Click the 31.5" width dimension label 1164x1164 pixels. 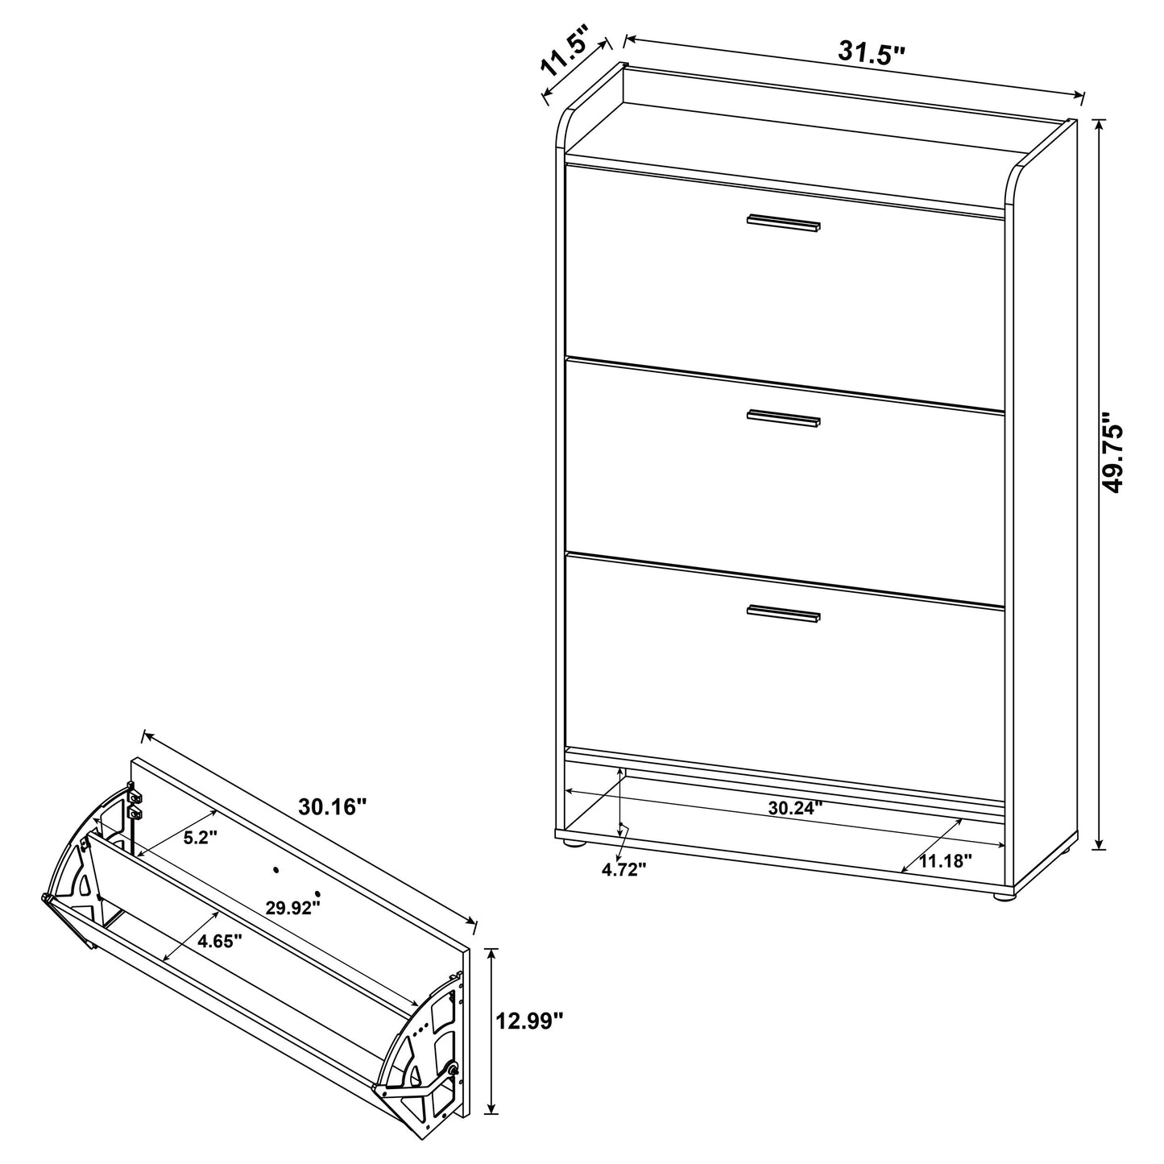coord(872,53)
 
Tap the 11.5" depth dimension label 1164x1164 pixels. coord(565,50)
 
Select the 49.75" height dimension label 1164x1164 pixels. coord(1116,454)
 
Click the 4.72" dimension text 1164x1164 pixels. coord(625,869)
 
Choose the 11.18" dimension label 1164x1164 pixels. coord(946,860)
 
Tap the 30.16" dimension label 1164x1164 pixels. coord(333,806)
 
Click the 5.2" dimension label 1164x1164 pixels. coord(201,838)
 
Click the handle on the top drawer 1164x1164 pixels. coord(783,223)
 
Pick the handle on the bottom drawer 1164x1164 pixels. coord(783,614)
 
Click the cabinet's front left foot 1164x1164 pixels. coord(573,844)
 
